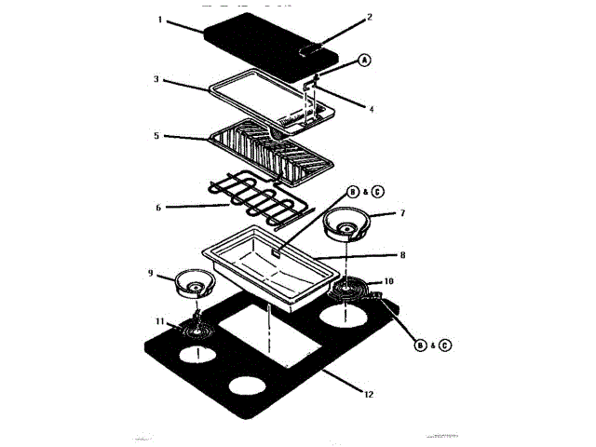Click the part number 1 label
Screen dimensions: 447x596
point(159,20)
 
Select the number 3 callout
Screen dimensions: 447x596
point(157,80)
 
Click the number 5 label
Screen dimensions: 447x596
point(157,135)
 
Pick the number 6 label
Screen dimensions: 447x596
point(158,207)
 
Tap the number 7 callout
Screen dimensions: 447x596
point(402,214)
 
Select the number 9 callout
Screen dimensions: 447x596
point(150,273)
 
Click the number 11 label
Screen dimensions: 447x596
point(159,321)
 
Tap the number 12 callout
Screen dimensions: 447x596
point(369,394)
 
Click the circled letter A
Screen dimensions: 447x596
point(364,60)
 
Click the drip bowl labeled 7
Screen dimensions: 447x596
point(347,225)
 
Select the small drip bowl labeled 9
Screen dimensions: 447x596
point(194,280)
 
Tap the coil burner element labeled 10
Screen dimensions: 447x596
point(353,292)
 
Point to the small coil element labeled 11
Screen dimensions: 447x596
point(196,328)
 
